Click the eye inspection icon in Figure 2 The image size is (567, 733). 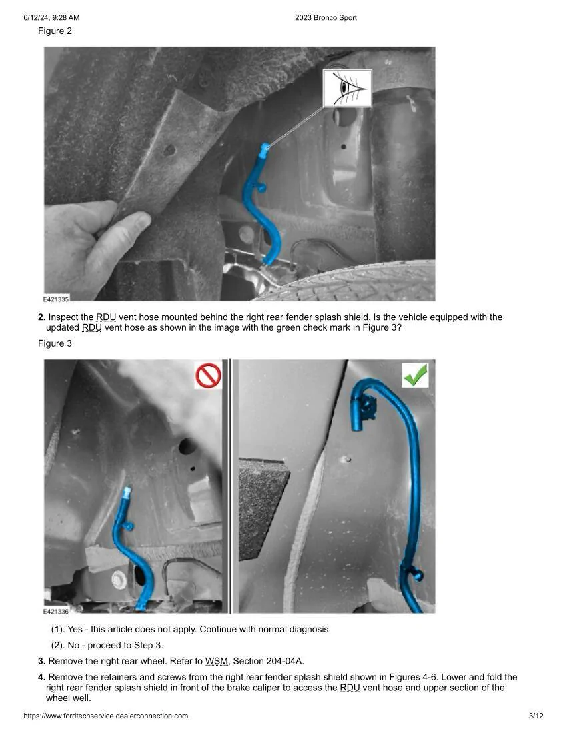click(347, 89)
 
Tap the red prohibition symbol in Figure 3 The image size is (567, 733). click(208, 375)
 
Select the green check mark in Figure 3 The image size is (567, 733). click(415, 375)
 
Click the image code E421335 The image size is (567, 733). click(55, 299)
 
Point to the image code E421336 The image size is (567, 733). click(55, 612)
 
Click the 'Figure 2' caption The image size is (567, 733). click(55, 31)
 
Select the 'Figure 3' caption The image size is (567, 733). click(55, 343)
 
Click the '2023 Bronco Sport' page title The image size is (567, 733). click(326, 18)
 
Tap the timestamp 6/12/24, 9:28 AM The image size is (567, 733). click(51, 18)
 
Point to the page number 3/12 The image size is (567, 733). click(536, 716)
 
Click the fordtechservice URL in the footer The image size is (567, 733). click(105, 716)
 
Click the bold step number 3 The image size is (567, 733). click(41, 661)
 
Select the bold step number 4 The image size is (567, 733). click(41, 677)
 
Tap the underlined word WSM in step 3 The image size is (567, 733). click(217, 661)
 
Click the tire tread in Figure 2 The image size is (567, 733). click(356, 282)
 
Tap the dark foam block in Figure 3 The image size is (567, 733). click(262, 507)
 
